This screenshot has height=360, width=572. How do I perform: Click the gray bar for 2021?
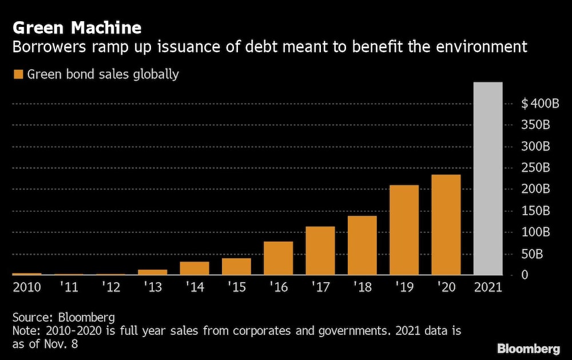[x=488, y=179]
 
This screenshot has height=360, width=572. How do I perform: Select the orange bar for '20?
[x=446, y=225]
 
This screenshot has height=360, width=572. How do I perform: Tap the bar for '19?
[x=404, y=230]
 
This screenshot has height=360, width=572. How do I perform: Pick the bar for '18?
[x=362, y=246]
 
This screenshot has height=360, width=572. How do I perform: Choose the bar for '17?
[x=320, y=251]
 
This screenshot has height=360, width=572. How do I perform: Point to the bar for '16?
[x=278, y=258]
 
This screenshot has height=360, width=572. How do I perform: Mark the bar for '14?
[x=194, y=268]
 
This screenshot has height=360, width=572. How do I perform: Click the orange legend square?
[x=18, y=74]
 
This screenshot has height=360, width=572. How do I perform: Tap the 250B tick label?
[x=537, y=168]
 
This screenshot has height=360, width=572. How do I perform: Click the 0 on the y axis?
[x=523, y=275]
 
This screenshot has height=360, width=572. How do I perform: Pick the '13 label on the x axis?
[x=152, y=287]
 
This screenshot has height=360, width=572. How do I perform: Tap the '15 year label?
[x=236, y=287]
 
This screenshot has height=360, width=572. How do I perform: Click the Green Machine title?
[x=77, y=27]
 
